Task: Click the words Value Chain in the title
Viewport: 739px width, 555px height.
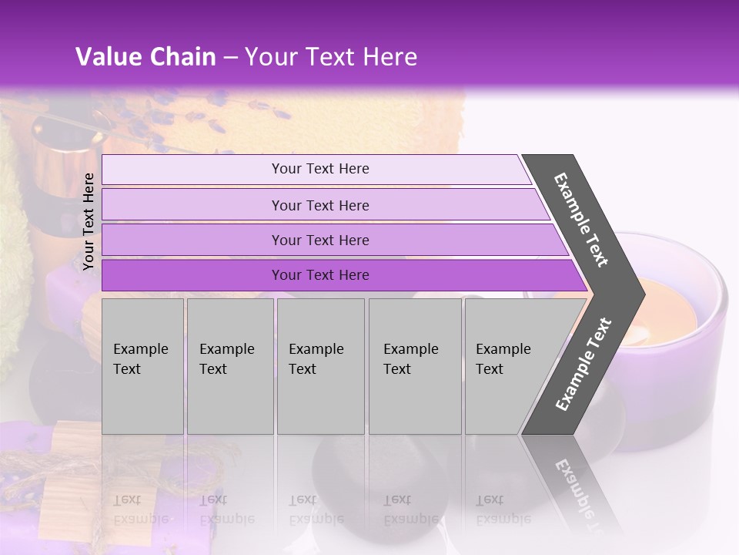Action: pos(145,57)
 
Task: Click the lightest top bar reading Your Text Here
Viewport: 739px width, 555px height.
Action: pos(319,169)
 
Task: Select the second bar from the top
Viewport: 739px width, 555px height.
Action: pos(319,205)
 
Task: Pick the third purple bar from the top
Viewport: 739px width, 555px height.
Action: pos(319,240)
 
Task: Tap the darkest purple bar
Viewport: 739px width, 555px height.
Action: pos(319,275)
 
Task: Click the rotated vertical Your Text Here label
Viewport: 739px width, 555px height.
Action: pos(89,221)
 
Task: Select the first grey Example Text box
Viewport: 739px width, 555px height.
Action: pos(142,366)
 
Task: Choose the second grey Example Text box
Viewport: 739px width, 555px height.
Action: pos(229,366)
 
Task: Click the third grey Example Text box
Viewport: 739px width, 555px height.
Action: pos(319,366)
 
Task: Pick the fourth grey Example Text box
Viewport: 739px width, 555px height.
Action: pos(414,366)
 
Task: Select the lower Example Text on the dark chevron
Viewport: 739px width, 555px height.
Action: pos(584,364)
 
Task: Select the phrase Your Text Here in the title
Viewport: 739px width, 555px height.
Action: pos(331,57)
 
